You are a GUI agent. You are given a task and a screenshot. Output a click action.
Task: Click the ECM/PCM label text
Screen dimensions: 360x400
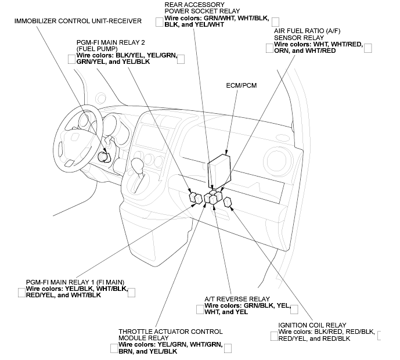242,85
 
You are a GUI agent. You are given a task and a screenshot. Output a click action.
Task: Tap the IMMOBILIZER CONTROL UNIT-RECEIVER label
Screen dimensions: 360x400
78,21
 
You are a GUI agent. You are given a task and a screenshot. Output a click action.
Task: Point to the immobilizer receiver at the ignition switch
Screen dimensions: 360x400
104,157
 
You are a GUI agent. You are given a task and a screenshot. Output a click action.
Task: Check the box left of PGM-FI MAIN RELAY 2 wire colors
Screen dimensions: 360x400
72,59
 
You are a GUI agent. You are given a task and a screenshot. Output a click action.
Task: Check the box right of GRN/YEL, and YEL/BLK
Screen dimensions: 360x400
181,59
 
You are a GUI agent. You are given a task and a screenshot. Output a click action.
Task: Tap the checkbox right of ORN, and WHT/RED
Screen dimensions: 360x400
367,48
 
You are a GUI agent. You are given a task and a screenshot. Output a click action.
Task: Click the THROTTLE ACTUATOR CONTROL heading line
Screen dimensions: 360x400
170,332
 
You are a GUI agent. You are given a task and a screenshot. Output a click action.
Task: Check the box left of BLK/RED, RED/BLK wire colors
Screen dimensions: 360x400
274,336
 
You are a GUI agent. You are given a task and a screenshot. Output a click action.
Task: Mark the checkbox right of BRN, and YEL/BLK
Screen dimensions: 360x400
228,348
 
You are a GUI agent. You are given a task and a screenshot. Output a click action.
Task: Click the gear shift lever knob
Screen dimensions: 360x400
137,163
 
